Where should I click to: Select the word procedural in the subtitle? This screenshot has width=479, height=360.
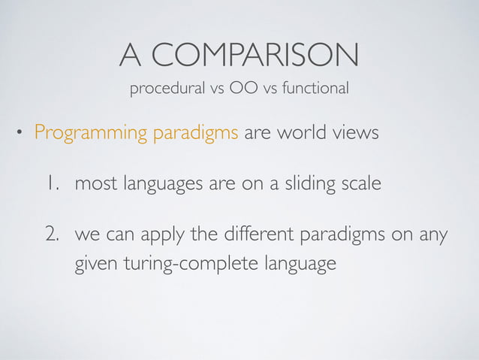pyautogui.click(x=164, y=89)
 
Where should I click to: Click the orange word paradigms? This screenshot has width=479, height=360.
pyautogui.click(x=196, y=135)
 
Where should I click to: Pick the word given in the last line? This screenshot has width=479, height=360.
pyautogui.click(x=94, y=265)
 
